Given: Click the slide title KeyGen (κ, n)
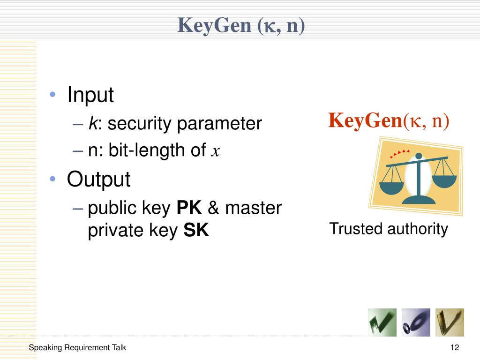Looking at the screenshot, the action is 241,25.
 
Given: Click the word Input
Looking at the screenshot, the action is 90,95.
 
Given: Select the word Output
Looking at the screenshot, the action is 98,179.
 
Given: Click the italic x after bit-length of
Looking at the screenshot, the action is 215,151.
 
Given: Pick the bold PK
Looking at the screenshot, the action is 189,208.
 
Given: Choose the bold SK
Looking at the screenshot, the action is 196,231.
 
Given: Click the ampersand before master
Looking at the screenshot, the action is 213,208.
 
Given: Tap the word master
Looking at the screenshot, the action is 253,208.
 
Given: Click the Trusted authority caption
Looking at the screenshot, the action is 389,229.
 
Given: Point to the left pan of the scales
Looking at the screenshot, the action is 391,187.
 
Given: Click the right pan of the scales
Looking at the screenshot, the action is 444,178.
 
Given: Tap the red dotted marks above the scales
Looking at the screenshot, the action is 400,153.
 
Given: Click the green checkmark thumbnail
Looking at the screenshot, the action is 382,322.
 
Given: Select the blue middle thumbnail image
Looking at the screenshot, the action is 416,322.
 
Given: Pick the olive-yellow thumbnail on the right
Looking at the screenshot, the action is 450,322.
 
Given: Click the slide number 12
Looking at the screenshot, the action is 454,348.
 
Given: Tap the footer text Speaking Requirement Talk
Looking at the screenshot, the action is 77,348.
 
